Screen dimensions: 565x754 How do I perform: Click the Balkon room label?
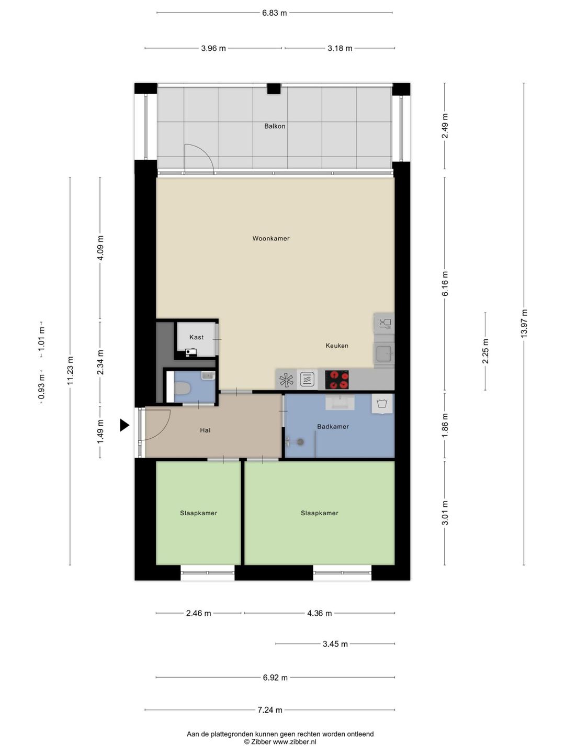click(275, 126)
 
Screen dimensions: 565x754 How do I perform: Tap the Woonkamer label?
click(270, 238)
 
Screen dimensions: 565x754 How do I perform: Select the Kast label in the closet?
click(196, 337)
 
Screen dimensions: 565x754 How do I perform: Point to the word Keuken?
click(337, 346)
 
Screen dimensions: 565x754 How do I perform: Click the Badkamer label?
click(333, 427)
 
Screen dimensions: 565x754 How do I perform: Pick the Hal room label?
click(205, 430)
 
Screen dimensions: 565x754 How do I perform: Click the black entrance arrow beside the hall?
click(125, 425)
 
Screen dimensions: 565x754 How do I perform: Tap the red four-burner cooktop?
click(336, 380)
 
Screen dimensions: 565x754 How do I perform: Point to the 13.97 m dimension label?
click(524, 323)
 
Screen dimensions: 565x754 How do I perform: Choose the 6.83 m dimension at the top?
click(275, 13)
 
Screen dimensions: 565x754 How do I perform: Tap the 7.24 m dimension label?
click(270, 709)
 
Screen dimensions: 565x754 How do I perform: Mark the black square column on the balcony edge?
click(274, 88)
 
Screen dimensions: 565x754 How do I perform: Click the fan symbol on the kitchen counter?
click(286, 380)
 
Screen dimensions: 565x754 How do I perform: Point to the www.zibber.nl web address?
click(295, 741)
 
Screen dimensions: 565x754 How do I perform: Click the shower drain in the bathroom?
click(300, 442)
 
